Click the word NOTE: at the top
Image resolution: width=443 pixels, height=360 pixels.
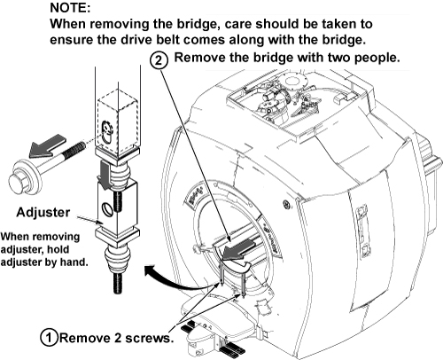[70, 8]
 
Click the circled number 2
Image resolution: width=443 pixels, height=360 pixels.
[159, 60]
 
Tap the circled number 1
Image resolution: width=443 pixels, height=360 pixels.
[49, 338]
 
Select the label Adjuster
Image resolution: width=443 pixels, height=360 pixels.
[43, 212]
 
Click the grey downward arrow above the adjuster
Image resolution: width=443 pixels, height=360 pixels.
[105, 175]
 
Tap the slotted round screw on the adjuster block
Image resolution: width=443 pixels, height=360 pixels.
[106, 208]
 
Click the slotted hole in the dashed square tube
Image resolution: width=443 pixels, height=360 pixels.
[106, 131]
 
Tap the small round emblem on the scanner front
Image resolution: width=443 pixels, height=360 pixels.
[286, 204]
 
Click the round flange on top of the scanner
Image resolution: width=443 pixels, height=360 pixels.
[291, 80]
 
